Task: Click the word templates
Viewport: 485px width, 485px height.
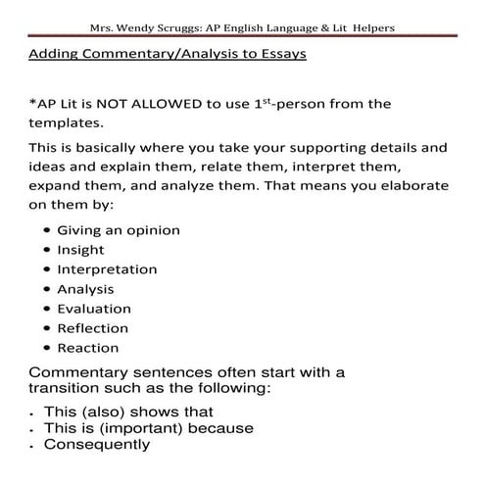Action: [x=65, y=124]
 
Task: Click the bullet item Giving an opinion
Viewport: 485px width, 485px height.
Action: [x=119, y=230]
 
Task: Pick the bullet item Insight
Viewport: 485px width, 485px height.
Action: [x=81, y=250]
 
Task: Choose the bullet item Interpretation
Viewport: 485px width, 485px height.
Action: [x=107, y=269]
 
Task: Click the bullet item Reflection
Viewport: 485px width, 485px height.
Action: [x=93, y=328]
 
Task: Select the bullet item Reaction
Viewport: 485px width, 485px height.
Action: [x=88, y=348]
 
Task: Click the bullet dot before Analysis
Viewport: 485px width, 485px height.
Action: [x=47, y=290]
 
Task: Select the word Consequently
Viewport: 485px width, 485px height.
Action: [x=97, y=444]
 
